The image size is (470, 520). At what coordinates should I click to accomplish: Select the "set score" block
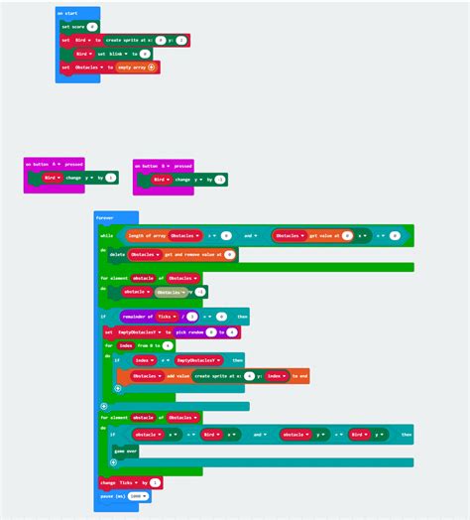(73, 27)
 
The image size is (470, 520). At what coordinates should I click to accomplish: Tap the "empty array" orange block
(133, 67)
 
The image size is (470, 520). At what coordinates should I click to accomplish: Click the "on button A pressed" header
(54, 164)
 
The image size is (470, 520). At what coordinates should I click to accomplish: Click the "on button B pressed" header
(163, 165)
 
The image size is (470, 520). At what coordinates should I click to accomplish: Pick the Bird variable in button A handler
(52, 178)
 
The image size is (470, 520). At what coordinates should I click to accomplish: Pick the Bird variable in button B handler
(161, 180)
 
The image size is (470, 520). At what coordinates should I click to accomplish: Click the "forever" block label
(104, 216)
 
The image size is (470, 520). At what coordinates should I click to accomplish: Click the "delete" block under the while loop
(117, 254)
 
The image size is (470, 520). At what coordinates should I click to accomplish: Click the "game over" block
(126, 451)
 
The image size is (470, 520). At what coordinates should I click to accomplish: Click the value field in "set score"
(92, 27)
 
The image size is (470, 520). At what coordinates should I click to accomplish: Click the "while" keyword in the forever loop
(107, 236)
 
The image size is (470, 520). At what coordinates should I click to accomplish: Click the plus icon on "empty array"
(152, 67)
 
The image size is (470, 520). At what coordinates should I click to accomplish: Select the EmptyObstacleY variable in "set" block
(138, 331)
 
